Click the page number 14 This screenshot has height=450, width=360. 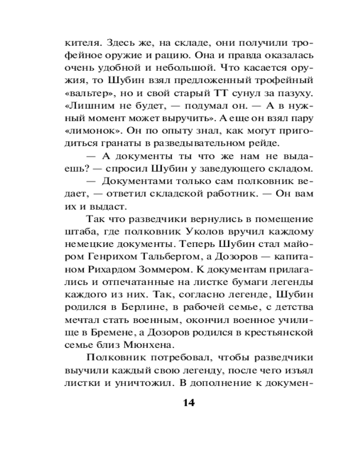tap(188, 402)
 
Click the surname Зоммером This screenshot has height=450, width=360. tap(166, 270)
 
